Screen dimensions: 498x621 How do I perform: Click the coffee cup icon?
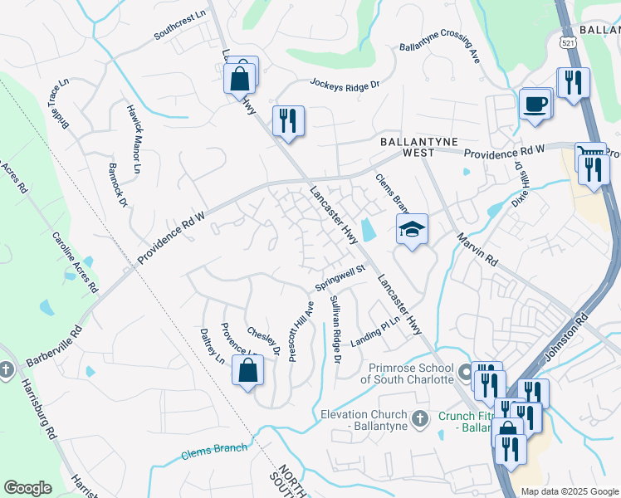pyautogui.click(x=535, y=105)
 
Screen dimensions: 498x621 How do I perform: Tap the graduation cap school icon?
pyautogui.click(x=411, y=228)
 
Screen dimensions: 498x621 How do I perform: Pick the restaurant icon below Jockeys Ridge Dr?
pyautogui.click(x=287, y=121)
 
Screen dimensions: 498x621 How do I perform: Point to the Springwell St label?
pyautogui.click(x=340, y=279)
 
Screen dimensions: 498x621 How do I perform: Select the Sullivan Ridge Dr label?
pyautogui.click(x=335, y=329)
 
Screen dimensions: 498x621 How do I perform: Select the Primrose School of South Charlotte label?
pyautogui.click(x=406, y=373)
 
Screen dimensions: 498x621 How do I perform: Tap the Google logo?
pyautogui.click(x=27, y=488)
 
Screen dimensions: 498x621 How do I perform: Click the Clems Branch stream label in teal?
pyautogui.click(x=214, y=452)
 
